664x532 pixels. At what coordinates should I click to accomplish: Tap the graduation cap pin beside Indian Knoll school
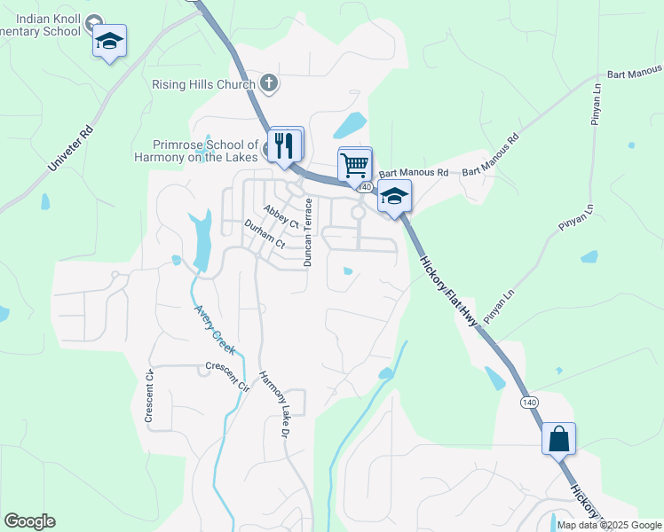[x=109, y=42]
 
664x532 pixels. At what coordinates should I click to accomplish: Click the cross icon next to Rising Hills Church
[x=270, y=84]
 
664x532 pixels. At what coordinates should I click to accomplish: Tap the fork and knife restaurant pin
[x=285, y=145]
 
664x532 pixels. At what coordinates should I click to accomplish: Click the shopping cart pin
[x=354, y=164]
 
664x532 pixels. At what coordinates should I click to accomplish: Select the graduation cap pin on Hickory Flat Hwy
[x=394, y=197]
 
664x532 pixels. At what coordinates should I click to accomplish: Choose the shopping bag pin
[x=558, y=439]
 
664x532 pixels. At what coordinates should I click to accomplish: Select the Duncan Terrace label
[x=308, y=232]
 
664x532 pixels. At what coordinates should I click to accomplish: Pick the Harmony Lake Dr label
[x=274, y=404]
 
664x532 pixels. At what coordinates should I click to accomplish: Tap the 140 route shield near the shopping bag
[x=530, y=403]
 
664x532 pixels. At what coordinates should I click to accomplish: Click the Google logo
[x=29, y=521]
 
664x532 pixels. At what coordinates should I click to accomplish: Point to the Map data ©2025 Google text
[x=609, y=525]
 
